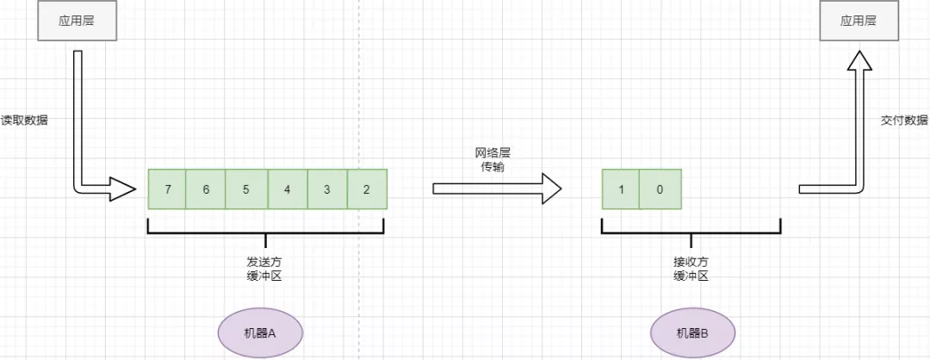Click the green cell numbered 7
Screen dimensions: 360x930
click(x=167, y=189)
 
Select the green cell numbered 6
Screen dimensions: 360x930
click(x=206, y=189)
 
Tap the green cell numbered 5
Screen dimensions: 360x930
click(x=246, y=189)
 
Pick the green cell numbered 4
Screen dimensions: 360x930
click(x=288, y=189)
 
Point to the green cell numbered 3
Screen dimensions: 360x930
click(x=327, y=189)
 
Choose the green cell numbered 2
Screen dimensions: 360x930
click(x=367, y=189)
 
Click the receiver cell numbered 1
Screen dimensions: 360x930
click(x=621, y=189)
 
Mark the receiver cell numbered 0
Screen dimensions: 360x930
click(x=660, y=189)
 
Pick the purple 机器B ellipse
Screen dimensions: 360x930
click(x=691, y=332)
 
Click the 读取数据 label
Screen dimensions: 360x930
click(x=24, y=121)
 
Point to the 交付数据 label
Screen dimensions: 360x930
click(x=905, y=121)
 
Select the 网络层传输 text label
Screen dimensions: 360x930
click(x=493, y=159)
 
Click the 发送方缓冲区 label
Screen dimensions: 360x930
click(x=264, y=269)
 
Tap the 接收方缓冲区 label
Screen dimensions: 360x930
click(x=691, y=269)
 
